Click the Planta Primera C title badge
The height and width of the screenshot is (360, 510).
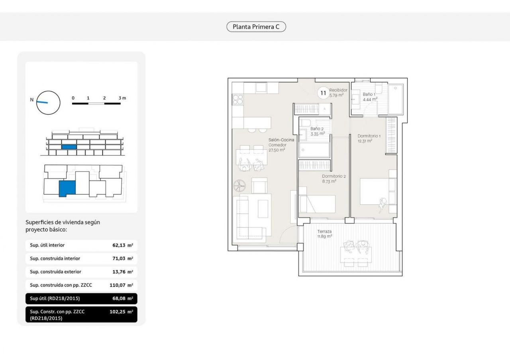(x=256, y=27)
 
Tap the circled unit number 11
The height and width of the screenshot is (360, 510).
(x=323, y=93)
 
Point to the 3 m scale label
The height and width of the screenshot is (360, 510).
(x=122, y=98)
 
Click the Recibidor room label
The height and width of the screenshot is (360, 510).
(x=338, y=90)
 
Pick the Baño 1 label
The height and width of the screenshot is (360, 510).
(x=369, y=94)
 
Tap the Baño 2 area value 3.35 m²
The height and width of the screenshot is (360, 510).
(x=318, y=134)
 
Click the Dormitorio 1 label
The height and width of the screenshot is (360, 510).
(x=369, y=136)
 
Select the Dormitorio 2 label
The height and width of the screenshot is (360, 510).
(x=334, y=176)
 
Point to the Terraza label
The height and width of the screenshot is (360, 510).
(x=324, y=231)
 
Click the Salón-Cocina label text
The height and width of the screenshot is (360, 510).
(x=281, y=140)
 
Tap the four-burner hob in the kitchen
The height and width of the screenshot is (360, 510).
(x=238, y=100)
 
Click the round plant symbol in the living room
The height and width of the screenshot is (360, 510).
(x=239, y=186)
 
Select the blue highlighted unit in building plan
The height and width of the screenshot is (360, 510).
(x=67, y=188)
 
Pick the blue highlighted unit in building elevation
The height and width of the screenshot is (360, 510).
(x=69, y=147)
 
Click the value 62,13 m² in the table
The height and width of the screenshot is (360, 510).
(x=122, y=245)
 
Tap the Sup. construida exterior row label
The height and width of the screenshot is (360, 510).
(x=55, y=272)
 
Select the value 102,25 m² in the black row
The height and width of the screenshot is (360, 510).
(x=121, y=312)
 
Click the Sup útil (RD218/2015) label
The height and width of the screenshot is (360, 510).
(x=55, y=298)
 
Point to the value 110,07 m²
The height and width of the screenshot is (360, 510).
(x=121, y=285)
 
